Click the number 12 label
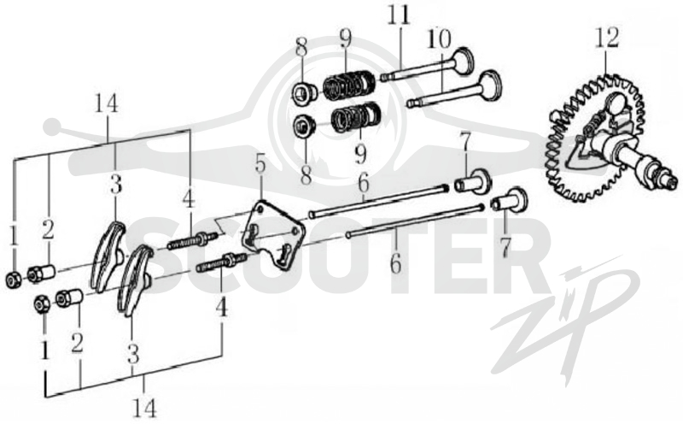[x=608, y=38]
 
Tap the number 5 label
[x=260, y=167]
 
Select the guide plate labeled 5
[x=272, y=235]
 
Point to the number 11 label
[x=400, y=15]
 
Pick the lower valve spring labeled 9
[x=356, y=117]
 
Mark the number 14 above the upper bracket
[x=108, y=104]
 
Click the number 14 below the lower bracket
[x=145, y=408]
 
